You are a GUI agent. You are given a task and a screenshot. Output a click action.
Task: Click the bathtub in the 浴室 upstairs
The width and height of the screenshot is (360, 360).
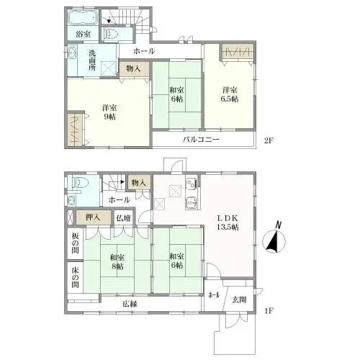83,17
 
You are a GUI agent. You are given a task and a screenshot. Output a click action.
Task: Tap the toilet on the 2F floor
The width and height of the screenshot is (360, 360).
110,34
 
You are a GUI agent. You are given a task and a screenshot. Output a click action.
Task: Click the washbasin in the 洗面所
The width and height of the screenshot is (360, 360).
72,53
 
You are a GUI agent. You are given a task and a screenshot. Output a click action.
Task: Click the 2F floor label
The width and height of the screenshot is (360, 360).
269,140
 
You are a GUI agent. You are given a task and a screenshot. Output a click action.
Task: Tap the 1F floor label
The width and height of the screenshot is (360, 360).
269,311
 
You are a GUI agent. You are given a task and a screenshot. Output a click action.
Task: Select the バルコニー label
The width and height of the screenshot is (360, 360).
201,140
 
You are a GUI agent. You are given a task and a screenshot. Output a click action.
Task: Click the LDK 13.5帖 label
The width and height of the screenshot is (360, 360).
228,222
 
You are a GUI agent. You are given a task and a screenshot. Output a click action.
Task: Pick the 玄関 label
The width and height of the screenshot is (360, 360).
239,300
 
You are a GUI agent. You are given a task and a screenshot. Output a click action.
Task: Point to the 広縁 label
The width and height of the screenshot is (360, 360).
130,304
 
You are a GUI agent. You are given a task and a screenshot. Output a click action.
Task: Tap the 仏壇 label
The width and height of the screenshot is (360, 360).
123,218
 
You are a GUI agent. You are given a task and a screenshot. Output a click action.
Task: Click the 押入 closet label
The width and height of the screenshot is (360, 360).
93,217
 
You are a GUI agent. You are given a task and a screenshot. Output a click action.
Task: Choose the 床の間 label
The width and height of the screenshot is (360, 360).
75,278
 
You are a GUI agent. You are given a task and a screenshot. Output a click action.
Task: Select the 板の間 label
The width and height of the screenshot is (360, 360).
75,243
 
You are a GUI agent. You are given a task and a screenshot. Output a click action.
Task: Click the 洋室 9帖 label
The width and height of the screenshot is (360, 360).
109,112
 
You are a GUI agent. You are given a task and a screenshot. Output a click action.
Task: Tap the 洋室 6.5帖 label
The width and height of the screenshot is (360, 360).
230,94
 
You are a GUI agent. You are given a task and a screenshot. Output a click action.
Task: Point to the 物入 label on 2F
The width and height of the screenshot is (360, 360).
133,69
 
